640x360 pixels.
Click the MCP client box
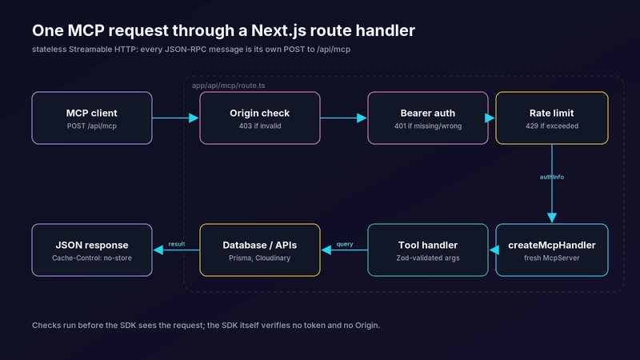click(92, 118)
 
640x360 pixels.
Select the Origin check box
click(259, 118)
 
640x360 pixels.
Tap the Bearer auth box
click(428, 118)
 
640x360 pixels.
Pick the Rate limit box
click(552, 118)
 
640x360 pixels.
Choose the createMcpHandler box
click(552, 250)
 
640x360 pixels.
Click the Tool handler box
click(428, 250)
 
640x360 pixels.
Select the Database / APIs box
click(259, 250)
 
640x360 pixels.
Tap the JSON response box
click(92, 250)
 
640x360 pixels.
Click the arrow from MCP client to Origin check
click(175, 118)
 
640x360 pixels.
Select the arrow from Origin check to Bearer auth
click(344, 118)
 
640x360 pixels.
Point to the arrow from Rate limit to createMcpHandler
click(552, 184)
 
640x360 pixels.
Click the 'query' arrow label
click(345, 244)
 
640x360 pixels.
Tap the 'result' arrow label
click(177, 244)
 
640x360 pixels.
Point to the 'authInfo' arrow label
click(552, 177)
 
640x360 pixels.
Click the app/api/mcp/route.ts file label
click(228, 86)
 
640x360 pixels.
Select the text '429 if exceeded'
click(552, 126)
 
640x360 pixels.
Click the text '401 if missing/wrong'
click(428, 126)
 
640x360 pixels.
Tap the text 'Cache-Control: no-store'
click(92, 258)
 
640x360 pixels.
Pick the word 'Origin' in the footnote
click(366, 326)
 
